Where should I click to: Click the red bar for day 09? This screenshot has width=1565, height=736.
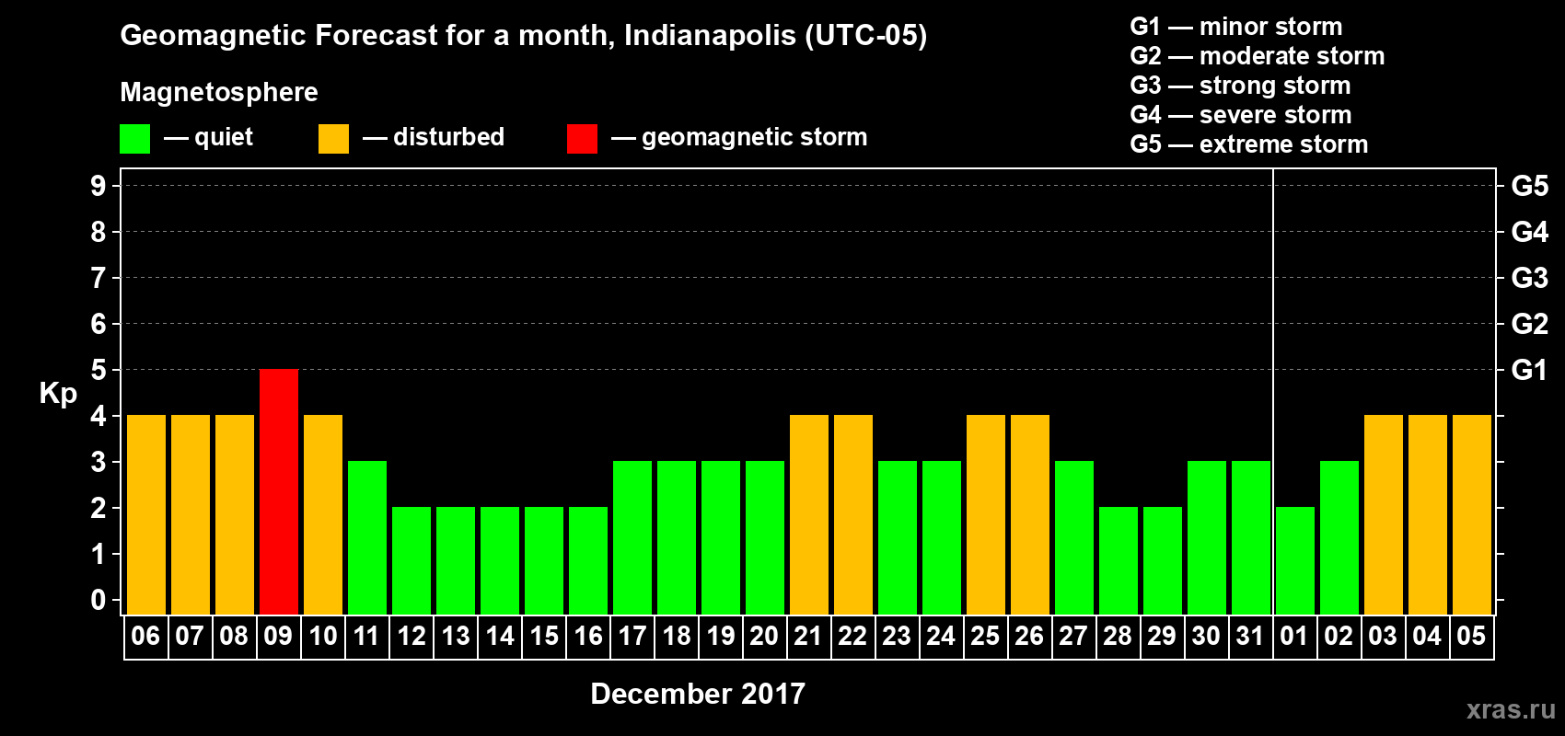(279, 491)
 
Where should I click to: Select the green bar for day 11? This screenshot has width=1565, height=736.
(367, 537)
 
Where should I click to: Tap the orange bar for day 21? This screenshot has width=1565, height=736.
(809, 514)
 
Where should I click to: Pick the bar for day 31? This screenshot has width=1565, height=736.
(1251, 537)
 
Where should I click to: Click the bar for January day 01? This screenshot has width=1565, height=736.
(1295, 560)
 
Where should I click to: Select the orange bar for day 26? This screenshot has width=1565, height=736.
(1030, 514)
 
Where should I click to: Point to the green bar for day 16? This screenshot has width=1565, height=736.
(588, 560)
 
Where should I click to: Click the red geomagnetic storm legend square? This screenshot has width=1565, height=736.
(582, 139)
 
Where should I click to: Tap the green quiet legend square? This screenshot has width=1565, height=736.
(134, 139)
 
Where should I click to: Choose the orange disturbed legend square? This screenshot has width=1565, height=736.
(333, 139)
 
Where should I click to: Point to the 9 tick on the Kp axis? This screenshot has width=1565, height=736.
(99, 186)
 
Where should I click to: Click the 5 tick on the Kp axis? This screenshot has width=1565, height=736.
(99, 370)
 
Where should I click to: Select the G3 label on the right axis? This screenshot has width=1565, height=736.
(1529, 278)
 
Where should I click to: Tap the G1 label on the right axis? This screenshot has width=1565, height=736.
(1529, 370)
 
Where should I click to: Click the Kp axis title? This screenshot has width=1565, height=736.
(58, 393)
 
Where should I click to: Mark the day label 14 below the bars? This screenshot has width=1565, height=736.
(500, 636)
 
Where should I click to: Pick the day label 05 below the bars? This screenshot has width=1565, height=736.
(1471, 636)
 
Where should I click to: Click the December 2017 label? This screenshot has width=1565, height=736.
(698, 694)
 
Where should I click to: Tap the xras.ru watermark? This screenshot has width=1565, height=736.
(1511, 708)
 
